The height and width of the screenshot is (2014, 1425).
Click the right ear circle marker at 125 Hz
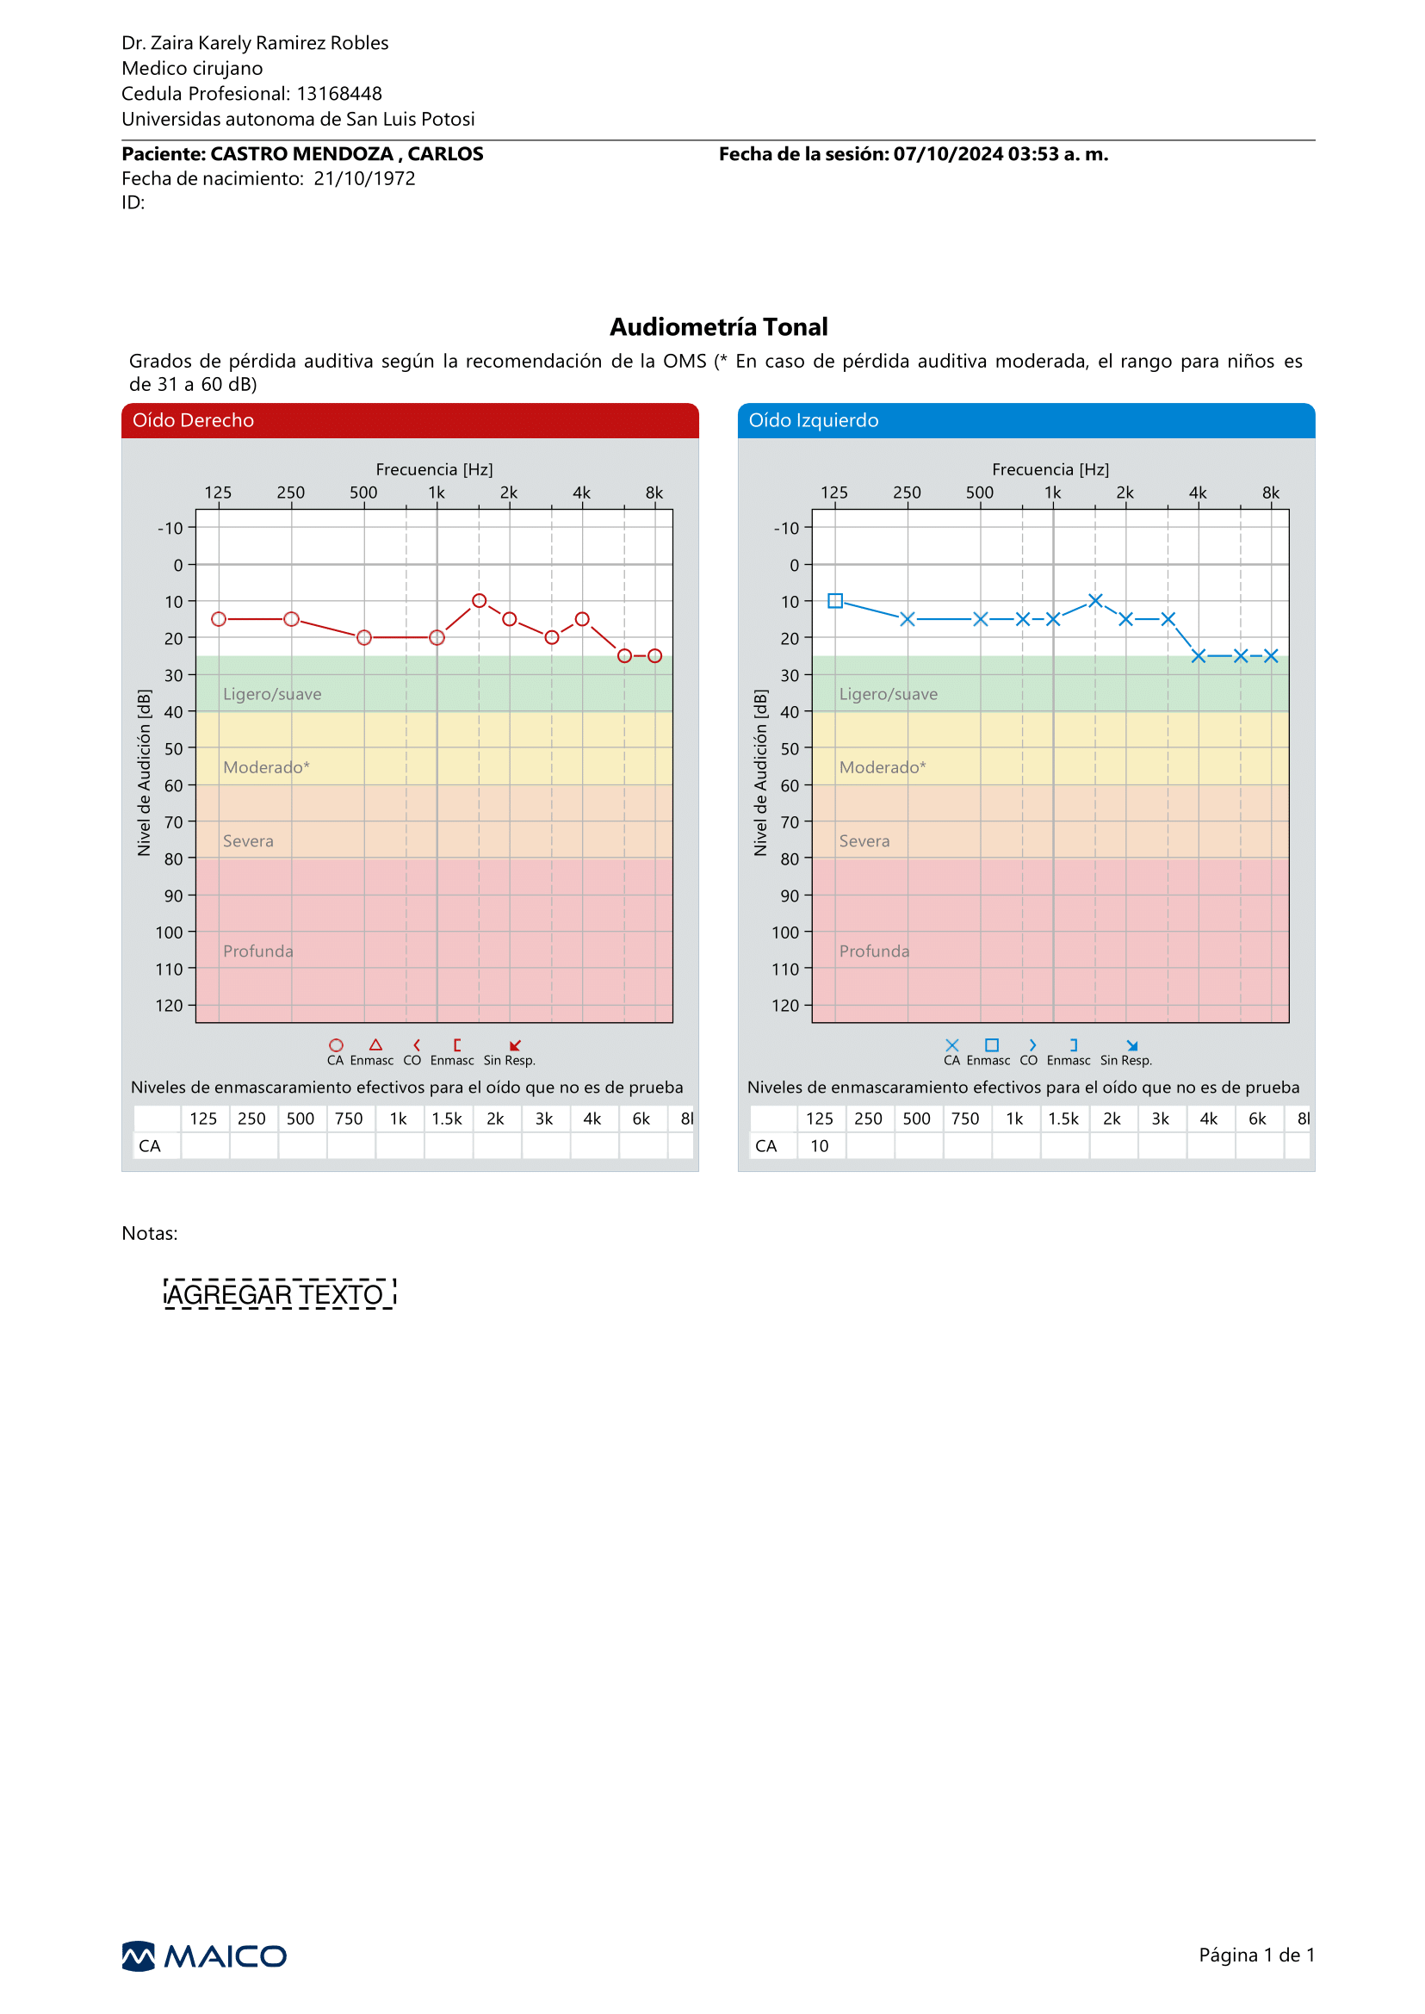tap(219, 619)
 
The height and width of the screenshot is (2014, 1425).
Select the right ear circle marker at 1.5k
tap(479, 600)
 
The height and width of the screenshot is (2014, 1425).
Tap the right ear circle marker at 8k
tap(654, 655)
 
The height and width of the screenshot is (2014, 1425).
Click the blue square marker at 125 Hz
tap(835, 600)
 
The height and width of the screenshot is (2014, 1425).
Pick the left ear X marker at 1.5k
tap(1095, 600)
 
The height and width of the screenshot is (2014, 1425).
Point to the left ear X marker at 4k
tap(1199, 655)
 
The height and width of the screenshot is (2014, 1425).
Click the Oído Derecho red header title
tap(193, 420)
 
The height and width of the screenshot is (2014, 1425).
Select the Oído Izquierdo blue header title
tap(814, 420)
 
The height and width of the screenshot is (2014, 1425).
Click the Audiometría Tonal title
tap(719, 326)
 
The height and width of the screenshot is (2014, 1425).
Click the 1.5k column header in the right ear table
tap(447, 1118)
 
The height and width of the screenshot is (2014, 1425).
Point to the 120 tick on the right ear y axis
tap(170, 1006)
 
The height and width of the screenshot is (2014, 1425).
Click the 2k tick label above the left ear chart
tap(1125, 493)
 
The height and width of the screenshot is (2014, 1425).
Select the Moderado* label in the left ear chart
tap(883, 767)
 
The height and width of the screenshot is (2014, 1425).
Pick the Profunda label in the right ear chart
tap(258, 951)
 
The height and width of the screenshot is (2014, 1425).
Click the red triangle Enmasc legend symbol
tap(375, 1044)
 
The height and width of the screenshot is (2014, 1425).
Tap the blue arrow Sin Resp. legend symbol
tap(1132, 1045)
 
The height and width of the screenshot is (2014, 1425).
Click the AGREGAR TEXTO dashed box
tap(280, 1294)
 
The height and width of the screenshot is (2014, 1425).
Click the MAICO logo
tap(203, 1956)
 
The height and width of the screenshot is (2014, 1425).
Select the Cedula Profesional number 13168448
tap(339, 93)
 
